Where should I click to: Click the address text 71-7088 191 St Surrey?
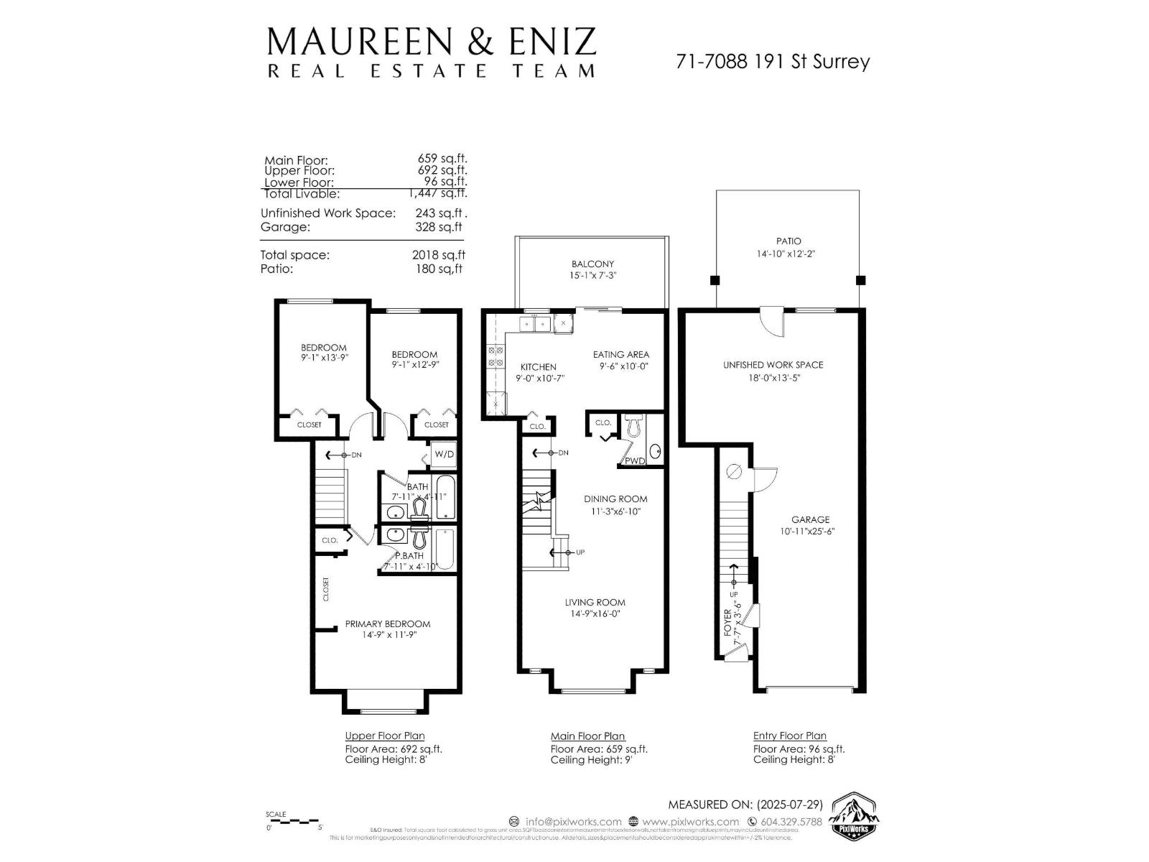tap(772, 62)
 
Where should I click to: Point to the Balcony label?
tap(592, 264)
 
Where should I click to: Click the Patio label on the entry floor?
tap(788, 241)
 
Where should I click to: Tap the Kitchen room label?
tap(538, 367)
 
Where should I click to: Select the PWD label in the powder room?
tap(635, 460)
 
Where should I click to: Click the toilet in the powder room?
tap(633, 426)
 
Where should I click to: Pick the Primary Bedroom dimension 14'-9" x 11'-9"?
tap(389, 635)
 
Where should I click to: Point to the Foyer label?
tap(727, 622)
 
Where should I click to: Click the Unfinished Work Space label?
tap(773, 365)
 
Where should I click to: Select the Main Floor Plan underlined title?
tap(587, 736)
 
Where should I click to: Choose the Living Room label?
tap(595, 603)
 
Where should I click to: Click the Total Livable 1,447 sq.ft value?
tap(438, 193)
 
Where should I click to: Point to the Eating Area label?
tap(620, 354)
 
